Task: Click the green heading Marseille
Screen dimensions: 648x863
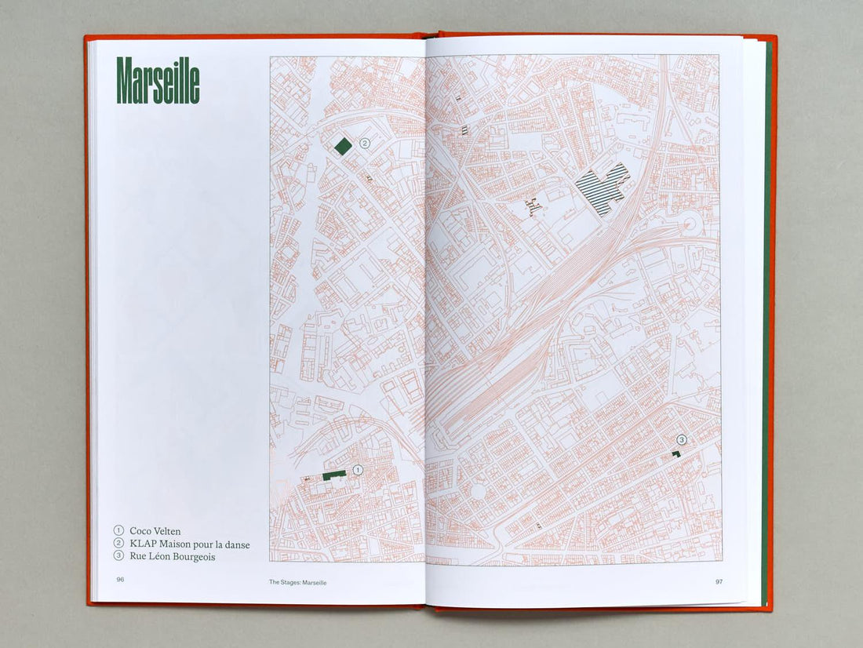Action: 158,81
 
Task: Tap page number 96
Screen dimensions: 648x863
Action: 120,581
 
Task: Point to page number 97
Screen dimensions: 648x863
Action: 718,581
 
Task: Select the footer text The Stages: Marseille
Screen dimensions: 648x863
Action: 297,582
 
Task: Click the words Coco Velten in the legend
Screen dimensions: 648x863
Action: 155,531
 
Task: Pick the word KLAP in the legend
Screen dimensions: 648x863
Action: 143,544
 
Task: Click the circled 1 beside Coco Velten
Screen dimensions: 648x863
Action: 119,531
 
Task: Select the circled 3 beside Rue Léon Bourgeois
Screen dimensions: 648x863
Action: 119,557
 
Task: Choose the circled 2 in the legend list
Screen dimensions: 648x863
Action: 119,544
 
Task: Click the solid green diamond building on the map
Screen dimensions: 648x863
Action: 343,146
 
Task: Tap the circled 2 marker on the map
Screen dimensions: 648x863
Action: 364,144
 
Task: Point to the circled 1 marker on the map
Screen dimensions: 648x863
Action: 358,470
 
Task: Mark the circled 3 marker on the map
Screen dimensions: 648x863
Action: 682,440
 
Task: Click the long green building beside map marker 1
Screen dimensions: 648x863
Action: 335,474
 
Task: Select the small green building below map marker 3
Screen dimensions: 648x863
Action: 675,454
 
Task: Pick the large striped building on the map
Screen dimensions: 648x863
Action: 603,188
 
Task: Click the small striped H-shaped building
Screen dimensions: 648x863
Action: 534,207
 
